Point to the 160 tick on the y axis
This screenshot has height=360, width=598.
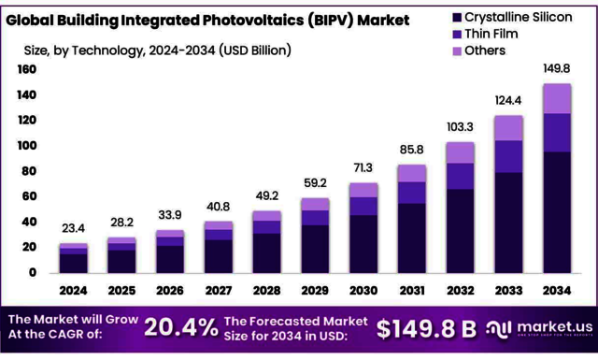[26, 70]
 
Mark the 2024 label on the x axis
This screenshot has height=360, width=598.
[73, 291]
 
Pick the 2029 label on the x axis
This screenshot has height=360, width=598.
[315, 291]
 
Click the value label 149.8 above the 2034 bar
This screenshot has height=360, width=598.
[558, 67]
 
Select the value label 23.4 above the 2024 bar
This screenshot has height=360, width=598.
[73, 227]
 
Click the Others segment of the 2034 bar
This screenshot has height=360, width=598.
[558, 98]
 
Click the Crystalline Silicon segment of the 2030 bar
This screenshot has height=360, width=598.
[363, 246]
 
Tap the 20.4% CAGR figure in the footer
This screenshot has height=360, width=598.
[183, 327]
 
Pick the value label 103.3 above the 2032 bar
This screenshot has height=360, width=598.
[461, 126]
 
